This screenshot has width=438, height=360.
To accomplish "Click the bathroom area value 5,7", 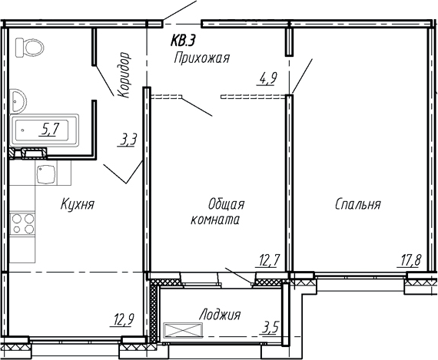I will click(x=51, y=129).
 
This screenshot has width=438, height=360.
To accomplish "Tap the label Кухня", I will click(x=78, y=205).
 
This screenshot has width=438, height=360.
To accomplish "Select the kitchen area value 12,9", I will click(x=123, y=320).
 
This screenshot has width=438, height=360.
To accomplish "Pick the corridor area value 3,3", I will click(x=128, y=140).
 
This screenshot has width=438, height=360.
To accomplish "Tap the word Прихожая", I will click(x=202, y=58).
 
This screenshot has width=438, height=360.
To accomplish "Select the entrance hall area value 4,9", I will click(x=267, y=78).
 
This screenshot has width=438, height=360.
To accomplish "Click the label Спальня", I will click(x=357, y=205).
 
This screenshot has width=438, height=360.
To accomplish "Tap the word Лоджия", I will click(x=219, y=315).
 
